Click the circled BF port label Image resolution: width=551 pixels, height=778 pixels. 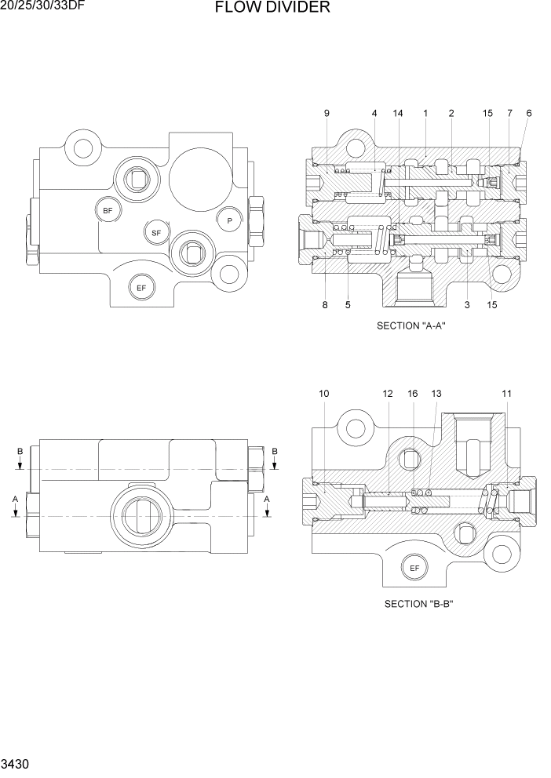pyautogui.click(x=108, y=210)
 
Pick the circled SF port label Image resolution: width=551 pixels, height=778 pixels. pyautogui.click(x=156, y=233)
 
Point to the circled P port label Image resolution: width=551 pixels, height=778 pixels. pyautogui.click(x=229, y=221)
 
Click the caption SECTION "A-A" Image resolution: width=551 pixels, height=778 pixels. pyautogui.click(x=411, y=326)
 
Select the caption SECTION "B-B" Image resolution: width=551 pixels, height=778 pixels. pyautogui.click(x=419, y=604)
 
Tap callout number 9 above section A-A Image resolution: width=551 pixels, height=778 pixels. pyautogui.click(x=327, y=114)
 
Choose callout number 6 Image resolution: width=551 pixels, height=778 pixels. pyautogui.click(x=529, y=114)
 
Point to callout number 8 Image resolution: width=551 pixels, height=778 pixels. pyautogui.click(x=324, y=305)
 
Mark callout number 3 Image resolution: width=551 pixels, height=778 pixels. pyautogui.click(x=466, y=305)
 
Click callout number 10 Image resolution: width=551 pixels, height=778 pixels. pyautogui.click(x=324, y=393)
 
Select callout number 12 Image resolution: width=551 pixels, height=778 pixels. pyautogui.click(x=387, y=393)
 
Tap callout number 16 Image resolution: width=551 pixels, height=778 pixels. pyautogui.click(x=413, y=393)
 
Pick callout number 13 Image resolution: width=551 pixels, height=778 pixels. pyautogui.click(x=436, y=393)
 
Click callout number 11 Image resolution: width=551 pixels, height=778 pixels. pyautogui.click(x=507, y=393)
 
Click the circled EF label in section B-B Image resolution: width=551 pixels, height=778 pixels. pyautogui.click(x=414, y=567)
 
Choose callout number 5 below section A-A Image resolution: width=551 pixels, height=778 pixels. pyautogui.click(x=347, y=305)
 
